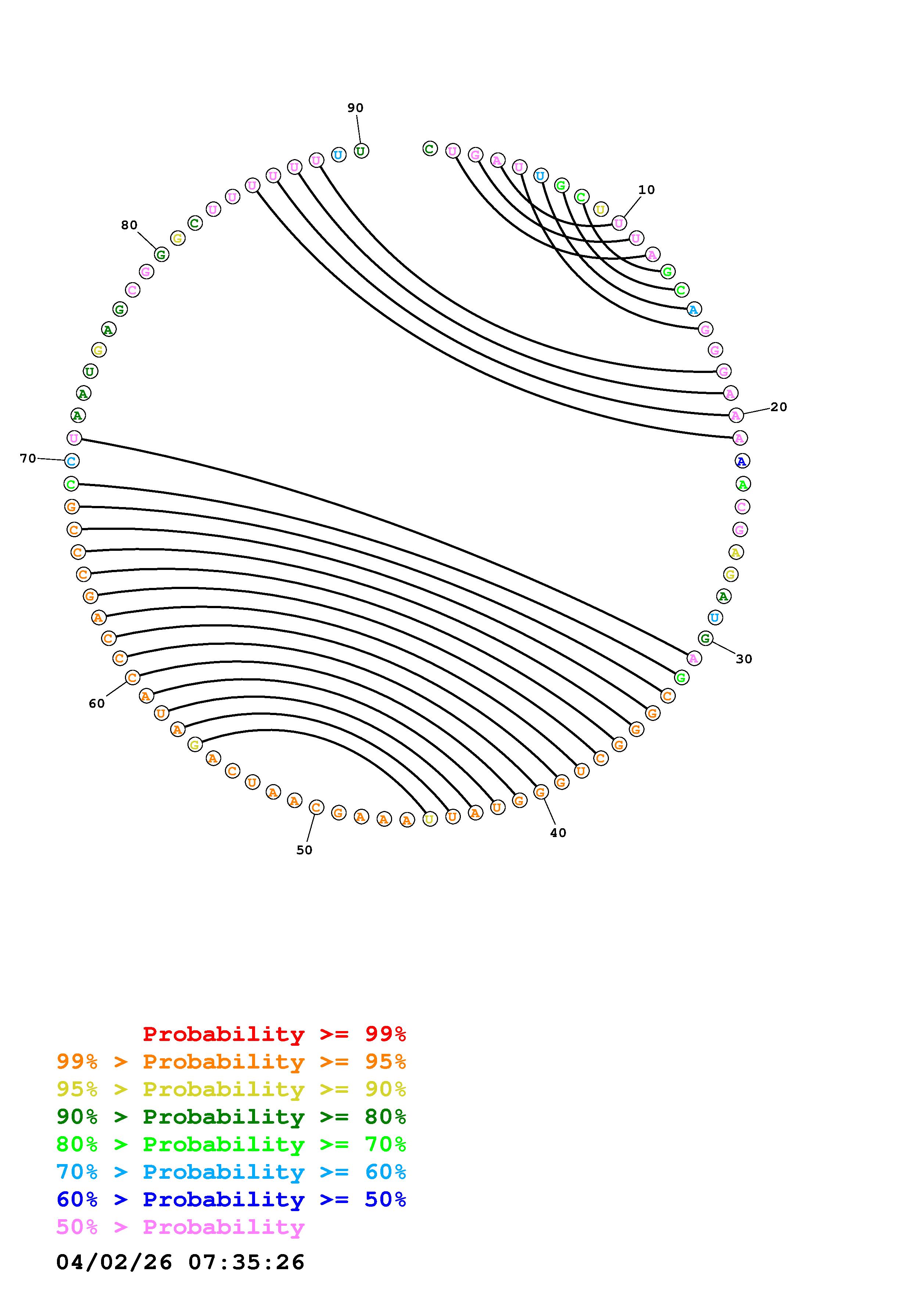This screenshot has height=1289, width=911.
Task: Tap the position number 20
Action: click(x=779, y=407)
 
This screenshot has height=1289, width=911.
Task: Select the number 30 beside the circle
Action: click(x=744, y=659)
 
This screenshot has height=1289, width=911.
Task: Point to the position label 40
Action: click(x=558, y=833)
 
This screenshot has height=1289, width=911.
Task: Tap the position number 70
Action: click(x=28, y=459)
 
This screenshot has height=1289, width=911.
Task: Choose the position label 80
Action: click(x=129, y=225)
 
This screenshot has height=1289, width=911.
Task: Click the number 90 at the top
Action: click(x=355, y=108)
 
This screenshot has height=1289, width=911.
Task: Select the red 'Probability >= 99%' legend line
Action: click(x=275, y=1034)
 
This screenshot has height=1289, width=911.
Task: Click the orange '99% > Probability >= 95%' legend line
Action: click(x=231, y=1062)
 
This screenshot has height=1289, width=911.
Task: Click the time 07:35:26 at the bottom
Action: click(x=247, y=1262)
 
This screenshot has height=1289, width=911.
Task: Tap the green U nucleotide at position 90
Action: click(x=361, y=151)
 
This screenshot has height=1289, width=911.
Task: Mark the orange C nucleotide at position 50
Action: click(x=316, y=807)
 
